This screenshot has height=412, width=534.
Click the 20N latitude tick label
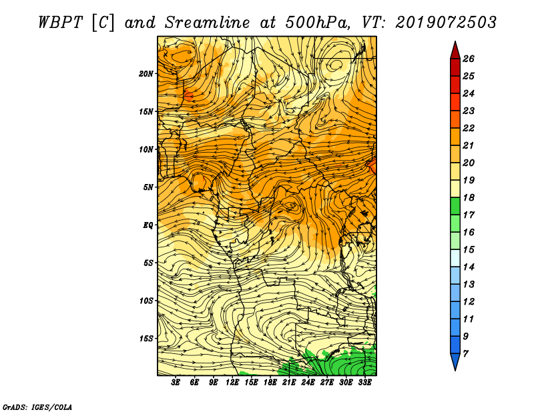coord(147,73)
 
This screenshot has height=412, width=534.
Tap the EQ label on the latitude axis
coord(148,225)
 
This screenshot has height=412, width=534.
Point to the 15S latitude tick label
coord(147,339)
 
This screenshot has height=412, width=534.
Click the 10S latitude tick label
coord(147,301)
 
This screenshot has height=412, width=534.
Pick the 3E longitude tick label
coord(176,383)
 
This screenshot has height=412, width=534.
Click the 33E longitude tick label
coord(364,383)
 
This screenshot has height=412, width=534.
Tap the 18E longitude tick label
coord(270,383)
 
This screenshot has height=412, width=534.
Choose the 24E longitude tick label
coord(308,383)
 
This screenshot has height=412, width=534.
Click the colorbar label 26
coord(469,59)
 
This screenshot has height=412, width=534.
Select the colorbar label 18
coord(469,197)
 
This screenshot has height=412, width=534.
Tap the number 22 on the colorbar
coord(469,128)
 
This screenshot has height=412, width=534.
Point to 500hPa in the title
coord(316,21)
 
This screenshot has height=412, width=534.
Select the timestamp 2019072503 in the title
coord(445,21)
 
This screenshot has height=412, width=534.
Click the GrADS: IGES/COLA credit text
coord(37,406)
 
